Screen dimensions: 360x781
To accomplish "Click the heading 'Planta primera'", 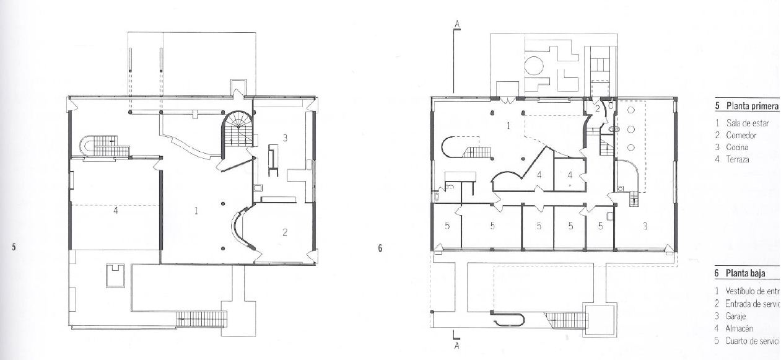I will click(x=751, y=107).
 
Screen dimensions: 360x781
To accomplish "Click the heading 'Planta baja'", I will click(x=746, y=273).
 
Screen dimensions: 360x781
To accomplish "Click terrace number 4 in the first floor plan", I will click(x=115, y=211).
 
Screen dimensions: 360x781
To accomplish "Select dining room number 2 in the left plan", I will click(x=284, y=233).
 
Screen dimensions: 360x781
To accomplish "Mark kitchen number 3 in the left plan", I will click(x=284, y=138).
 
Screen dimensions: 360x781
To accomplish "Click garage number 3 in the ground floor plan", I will click(x=645, y=227).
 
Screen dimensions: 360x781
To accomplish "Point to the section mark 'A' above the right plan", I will click(x=457, y=25).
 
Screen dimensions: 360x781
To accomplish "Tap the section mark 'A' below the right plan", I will click(x=457, y=346).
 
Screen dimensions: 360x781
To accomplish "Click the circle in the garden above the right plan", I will click(x=534, y=66).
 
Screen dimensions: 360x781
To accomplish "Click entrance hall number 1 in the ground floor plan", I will click(x=508, y=126).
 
